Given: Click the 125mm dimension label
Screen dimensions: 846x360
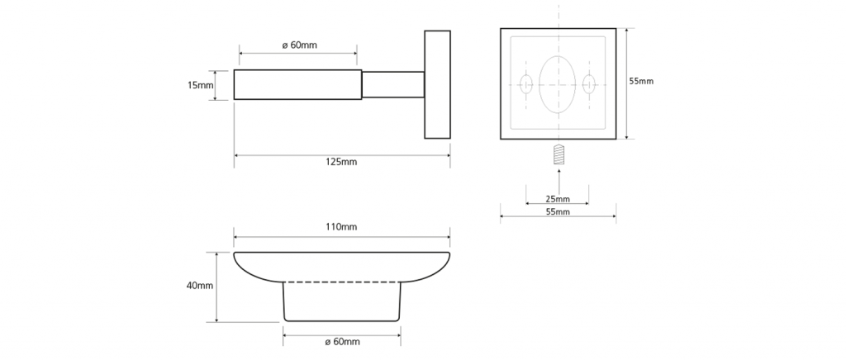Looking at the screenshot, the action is pos(342,162).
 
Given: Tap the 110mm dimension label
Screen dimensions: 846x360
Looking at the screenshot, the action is pos(342,227).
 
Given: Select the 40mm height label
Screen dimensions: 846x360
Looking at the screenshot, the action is pos(200,286).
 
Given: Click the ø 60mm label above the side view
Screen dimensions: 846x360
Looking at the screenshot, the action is pos(299,45).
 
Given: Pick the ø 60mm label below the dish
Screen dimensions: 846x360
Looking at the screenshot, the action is pos(342,342).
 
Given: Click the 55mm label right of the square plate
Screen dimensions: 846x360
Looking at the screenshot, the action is pos(641,82).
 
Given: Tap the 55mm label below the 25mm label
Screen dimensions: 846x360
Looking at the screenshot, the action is pos(558,212).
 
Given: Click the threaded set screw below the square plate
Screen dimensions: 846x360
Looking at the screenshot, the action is pos(558,155).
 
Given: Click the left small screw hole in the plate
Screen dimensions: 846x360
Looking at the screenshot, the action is pos(526,84).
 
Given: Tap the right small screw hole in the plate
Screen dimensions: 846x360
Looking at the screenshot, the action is pos(589,84).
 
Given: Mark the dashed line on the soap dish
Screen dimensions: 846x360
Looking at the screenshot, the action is pos(342,282).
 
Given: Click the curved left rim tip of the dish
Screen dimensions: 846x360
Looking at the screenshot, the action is pos(235,253).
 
